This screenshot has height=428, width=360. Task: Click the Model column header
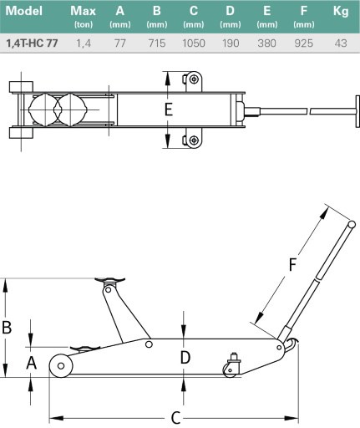tap(24, 11)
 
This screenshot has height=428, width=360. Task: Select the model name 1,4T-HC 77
tap(32, 43)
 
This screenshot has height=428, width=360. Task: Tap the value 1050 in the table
tap(194, 43)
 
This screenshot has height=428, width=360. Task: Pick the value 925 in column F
tap(304, 43)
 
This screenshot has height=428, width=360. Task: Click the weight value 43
tap(341, 43)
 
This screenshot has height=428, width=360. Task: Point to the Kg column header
tap(341, 12)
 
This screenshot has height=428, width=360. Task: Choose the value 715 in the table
tap(157, 43)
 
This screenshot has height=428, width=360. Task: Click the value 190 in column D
tap(231, 43)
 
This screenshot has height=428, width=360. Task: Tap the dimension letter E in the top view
tap(169, 110)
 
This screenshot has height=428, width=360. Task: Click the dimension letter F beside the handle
tap(292, 264)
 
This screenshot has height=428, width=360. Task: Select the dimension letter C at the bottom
tap(175, 418)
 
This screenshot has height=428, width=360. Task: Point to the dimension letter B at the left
tap(7, 327)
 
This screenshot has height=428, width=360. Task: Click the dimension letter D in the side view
tap(185, 358)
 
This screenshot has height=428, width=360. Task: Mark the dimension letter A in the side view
tap(31, 363)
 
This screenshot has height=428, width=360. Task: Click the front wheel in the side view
tap(61, 365)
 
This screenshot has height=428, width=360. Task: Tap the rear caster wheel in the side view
tap(231, 370)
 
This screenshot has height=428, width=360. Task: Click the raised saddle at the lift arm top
tap(109, 280)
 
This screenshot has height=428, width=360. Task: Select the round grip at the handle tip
tap(352, 224)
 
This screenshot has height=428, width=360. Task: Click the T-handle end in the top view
tap(357, 111)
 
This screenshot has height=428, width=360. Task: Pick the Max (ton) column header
tap(84, 17)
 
